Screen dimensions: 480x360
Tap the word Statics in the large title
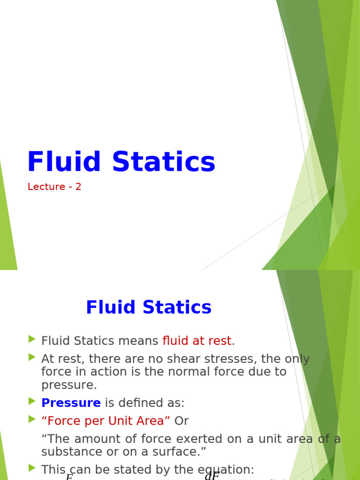pos(164,162)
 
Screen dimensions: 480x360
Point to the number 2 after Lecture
pos(78,187)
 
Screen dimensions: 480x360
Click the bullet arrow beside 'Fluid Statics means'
pos(32,339)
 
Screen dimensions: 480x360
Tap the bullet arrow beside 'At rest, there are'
pos(32,357)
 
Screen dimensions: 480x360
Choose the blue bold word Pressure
pos(71,403)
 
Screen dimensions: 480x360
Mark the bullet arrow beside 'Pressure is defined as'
pos(32,401)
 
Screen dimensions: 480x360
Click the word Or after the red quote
pos(181,421)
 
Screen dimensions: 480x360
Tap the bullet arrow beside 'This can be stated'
pos(32,468)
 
